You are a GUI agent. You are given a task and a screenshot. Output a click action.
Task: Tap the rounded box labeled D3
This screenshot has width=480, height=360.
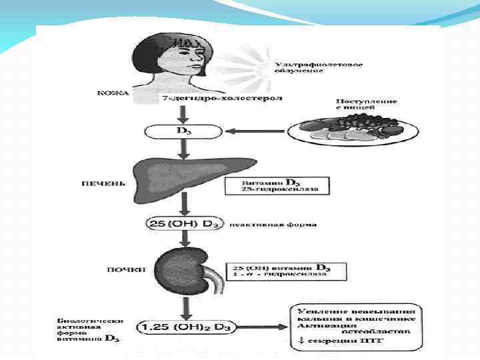tap(181, 130)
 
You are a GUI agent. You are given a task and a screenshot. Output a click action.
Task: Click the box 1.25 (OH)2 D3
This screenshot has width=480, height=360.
tap(186, 327)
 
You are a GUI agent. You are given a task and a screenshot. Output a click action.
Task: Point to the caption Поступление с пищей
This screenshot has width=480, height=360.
tap(366, 105)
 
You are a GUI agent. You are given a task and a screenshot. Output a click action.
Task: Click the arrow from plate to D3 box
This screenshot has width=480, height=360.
tap(257, 131)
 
